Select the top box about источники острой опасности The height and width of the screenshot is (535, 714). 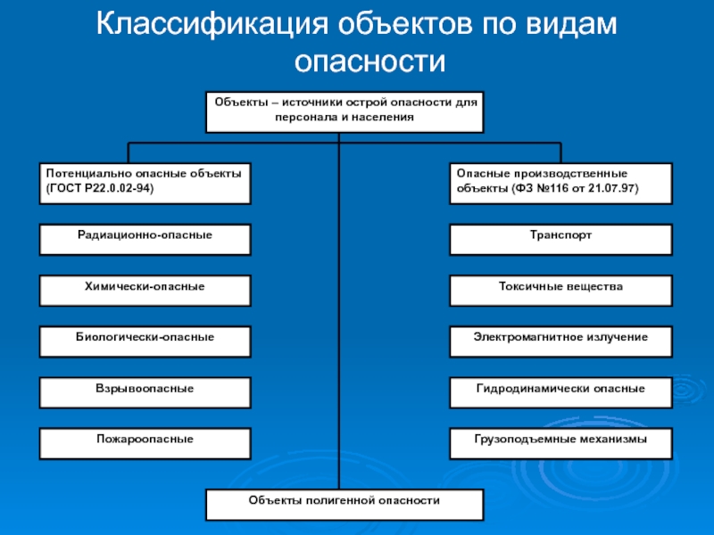345,111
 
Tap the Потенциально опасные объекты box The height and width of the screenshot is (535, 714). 145,183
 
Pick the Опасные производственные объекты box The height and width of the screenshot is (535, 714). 560,183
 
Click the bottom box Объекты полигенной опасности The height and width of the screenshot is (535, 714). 345,504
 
